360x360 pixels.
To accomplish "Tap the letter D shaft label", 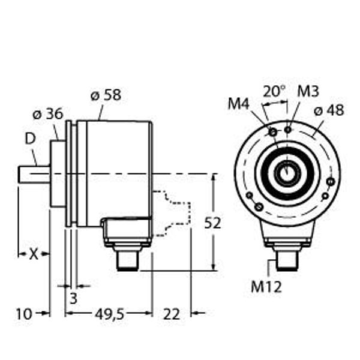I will pyautogui.click(x=29, y=139).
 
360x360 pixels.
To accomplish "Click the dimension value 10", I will pyautogui.click(x=23, y=313).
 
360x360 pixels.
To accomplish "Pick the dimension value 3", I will pyautogui.click(x=74, y=298).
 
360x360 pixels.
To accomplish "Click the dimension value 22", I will pyautogui.click(x=171, y=313).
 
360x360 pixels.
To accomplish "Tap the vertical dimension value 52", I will pyautogui.click(x=212, y=223).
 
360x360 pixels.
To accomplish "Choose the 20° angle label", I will pyautogui.click(x=274, y=91).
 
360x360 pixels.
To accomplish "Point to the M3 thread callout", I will pyautogui.click(x=308, y=91).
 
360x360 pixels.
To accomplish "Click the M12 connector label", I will pyautogui.click(x=266, y=287).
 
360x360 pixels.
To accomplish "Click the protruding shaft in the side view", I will pyautogui.click(x=34, y=175).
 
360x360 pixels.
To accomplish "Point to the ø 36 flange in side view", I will pyautogui.click(x=58, y=175).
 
